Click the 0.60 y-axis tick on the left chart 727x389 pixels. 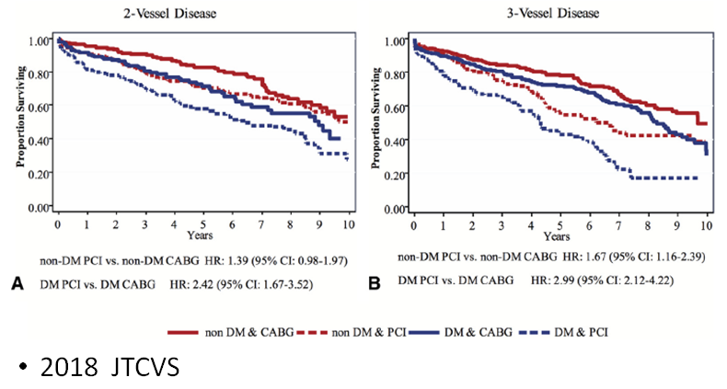[x=40, y=108]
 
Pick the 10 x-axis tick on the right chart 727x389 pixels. [x=706, y=225]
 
